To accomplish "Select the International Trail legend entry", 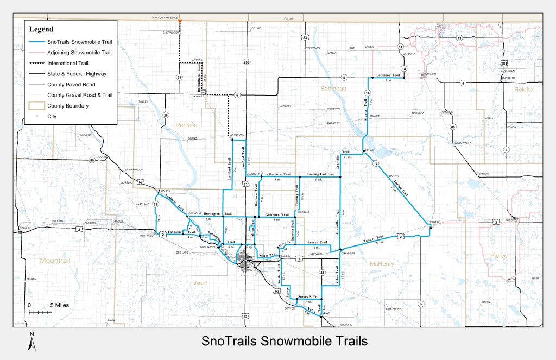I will point(70,63).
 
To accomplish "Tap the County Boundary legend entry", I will point(68,106).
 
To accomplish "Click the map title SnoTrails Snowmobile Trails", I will point(285,341).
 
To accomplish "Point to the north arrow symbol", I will point(32,342).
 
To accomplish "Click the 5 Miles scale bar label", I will point(59,305).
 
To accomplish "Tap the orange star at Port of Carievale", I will point(180,21).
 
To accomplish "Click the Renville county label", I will point(186,125).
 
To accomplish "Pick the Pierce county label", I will point(499,255).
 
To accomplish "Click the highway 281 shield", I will point(504,62).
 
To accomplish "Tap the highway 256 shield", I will point(247,62).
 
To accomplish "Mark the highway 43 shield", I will point(459,38).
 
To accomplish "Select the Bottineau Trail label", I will point(388,75).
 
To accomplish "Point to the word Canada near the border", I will point(289,19).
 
